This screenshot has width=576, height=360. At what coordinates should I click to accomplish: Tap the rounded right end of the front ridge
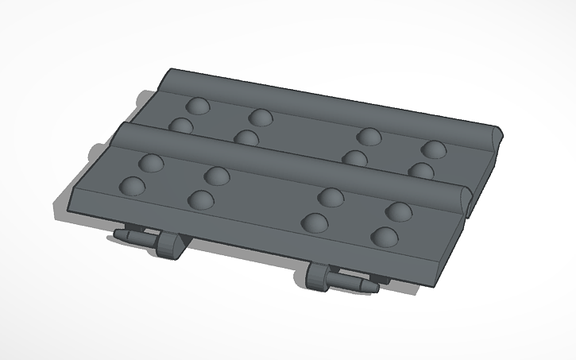click(x=464, y=196)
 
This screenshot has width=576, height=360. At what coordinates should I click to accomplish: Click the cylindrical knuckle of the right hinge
click(x=317, y=275)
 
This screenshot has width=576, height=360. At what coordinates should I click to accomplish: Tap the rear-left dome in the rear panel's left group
click(x=197, y=106)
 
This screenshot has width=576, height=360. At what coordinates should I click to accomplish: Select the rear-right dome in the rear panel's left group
click(x=260, y=118)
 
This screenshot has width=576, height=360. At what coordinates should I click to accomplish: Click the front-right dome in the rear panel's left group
click(x=246, y=138)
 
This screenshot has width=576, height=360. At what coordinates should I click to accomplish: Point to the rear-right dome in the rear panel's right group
click(x=433, y=149)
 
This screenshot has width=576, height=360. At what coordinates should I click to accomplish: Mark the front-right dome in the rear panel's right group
click(x=421, y=170)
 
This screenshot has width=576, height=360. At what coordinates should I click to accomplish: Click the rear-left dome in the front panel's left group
click(x=151, y=163)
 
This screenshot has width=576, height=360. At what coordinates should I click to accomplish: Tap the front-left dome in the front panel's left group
click(x=132, y=186)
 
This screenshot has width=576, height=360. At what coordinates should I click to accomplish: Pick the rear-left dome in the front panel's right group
click(x=331, y=197)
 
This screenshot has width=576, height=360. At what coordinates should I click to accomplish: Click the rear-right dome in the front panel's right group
click(x=399, y=211)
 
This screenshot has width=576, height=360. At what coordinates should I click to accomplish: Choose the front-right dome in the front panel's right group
click(x=385, y=236)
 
